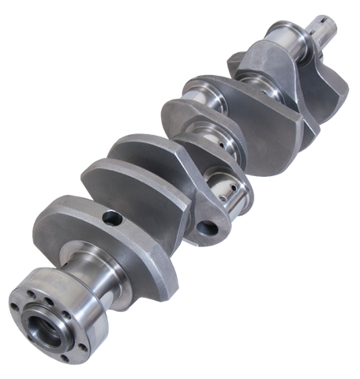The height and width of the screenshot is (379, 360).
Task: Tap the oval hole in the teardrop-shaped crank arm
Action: pyautogui.click(x=209, y=229)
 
